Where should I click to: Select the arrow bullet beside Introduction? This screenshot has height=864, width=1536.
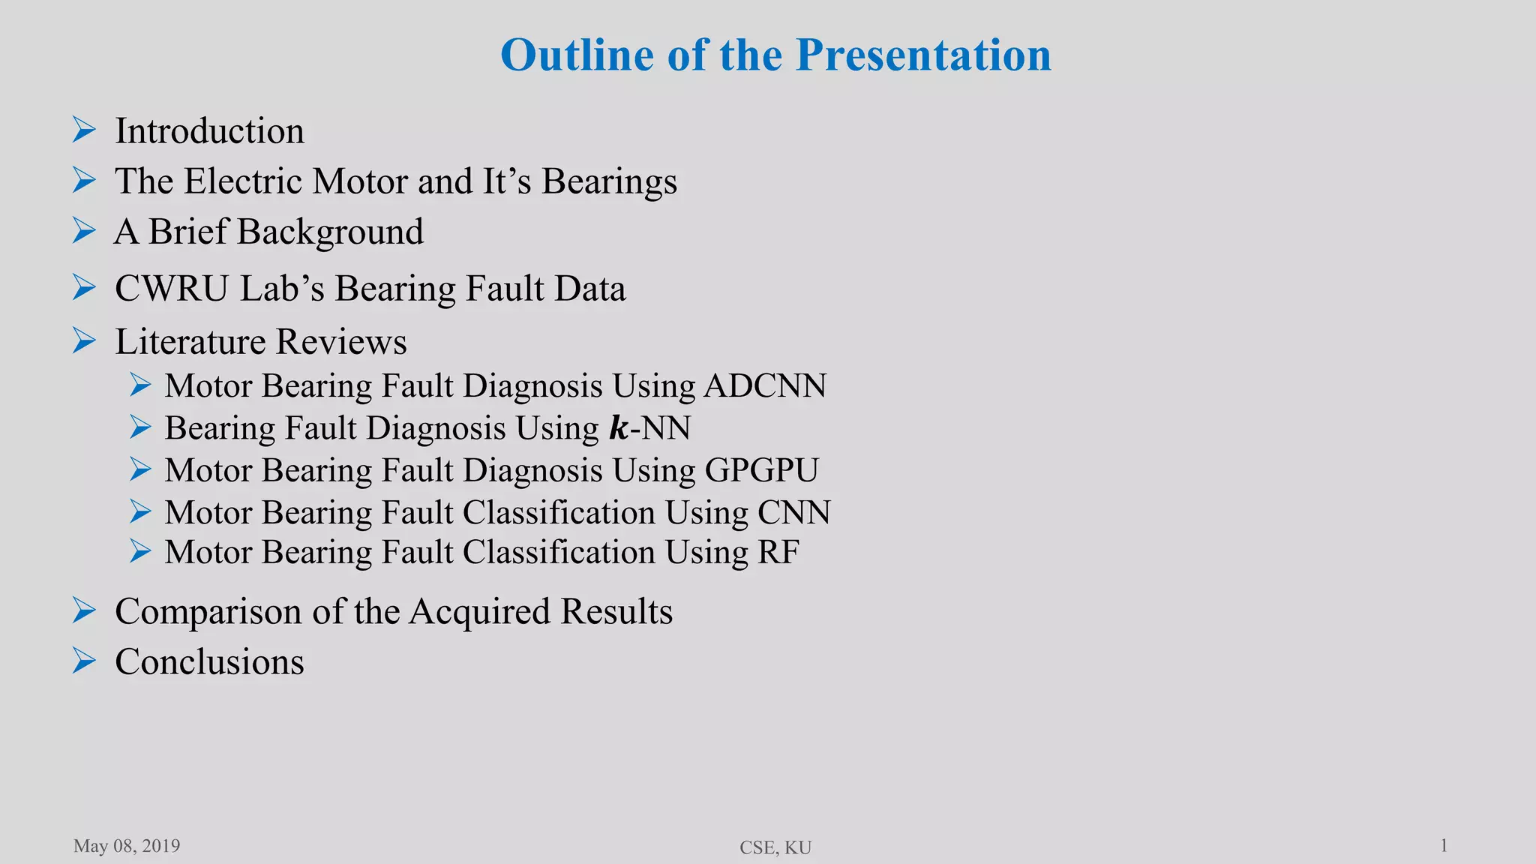click(x=84, y=130)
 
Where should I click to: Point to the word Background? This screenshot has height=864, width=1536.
click(x=330, y=232)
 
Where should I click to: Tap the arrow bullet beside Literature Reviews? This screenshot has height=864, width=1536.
click(x=84, y=341)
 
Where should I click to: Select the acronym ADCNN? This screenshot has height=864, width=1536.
click(x=765, y=385)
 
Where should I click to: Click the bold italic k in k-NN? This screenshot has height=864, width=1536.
click(x=618, y=428)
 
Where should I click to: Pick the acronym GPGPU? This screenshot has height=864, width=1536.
click(x=761, y=470)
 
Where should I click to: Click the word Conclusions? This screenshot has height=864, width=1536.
click(x=209, y=661)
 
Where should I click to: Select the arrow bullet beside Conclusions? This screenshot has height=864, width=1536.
click(x=84, y=661)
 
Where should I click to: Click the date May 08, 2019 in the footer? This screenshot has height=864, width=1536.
click(x=127, y=846)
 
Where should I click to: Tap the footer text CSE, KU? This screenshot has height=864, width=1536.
click(x=775, y=847)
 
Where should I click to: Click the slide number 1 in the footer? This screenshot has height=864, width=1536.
click(x=1444, y=846)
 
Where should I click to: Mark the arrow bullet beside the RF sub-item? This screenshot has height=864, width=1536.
click(x=140, y=552)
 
